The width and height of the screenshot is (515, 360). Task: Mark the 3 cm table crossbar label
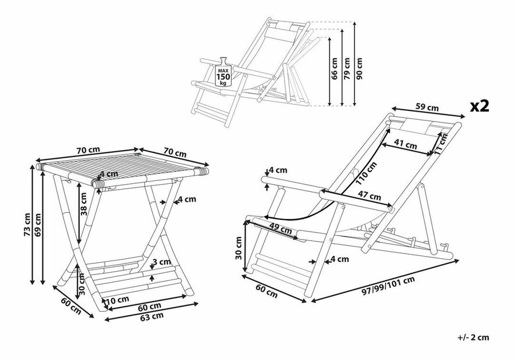pos(164,263)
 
